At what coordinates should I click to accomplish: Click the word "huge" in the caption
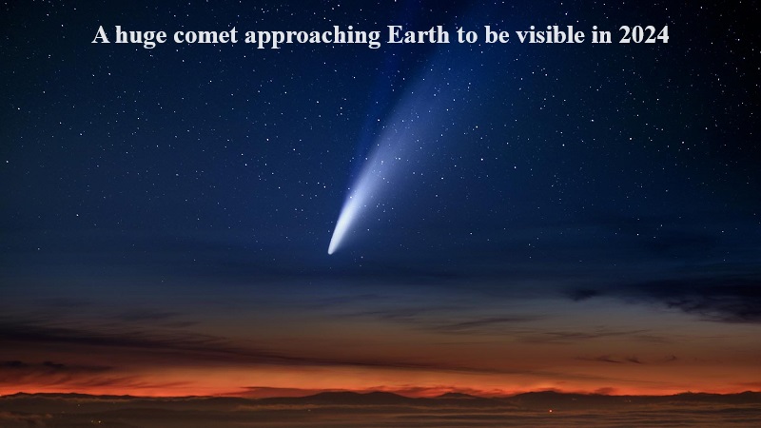pos(141,36)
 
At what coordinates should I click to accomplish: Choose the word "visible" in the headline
pos(551,34)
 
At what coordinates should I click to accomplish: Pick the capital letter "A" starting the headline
pos(101,35)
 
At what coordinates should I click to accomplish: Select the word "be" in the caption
pos(497,34)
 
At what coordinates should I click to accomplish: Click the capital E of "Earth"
pos(394,35)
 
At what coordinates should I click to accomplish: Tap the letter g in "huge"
pos(149,38)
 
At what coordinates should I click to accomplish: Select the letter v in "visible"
pos(521,37)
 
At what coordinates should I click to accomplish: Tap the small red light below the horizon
pos(551,412)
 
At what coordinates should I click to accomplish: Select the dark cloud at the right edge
pos(679,299)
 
